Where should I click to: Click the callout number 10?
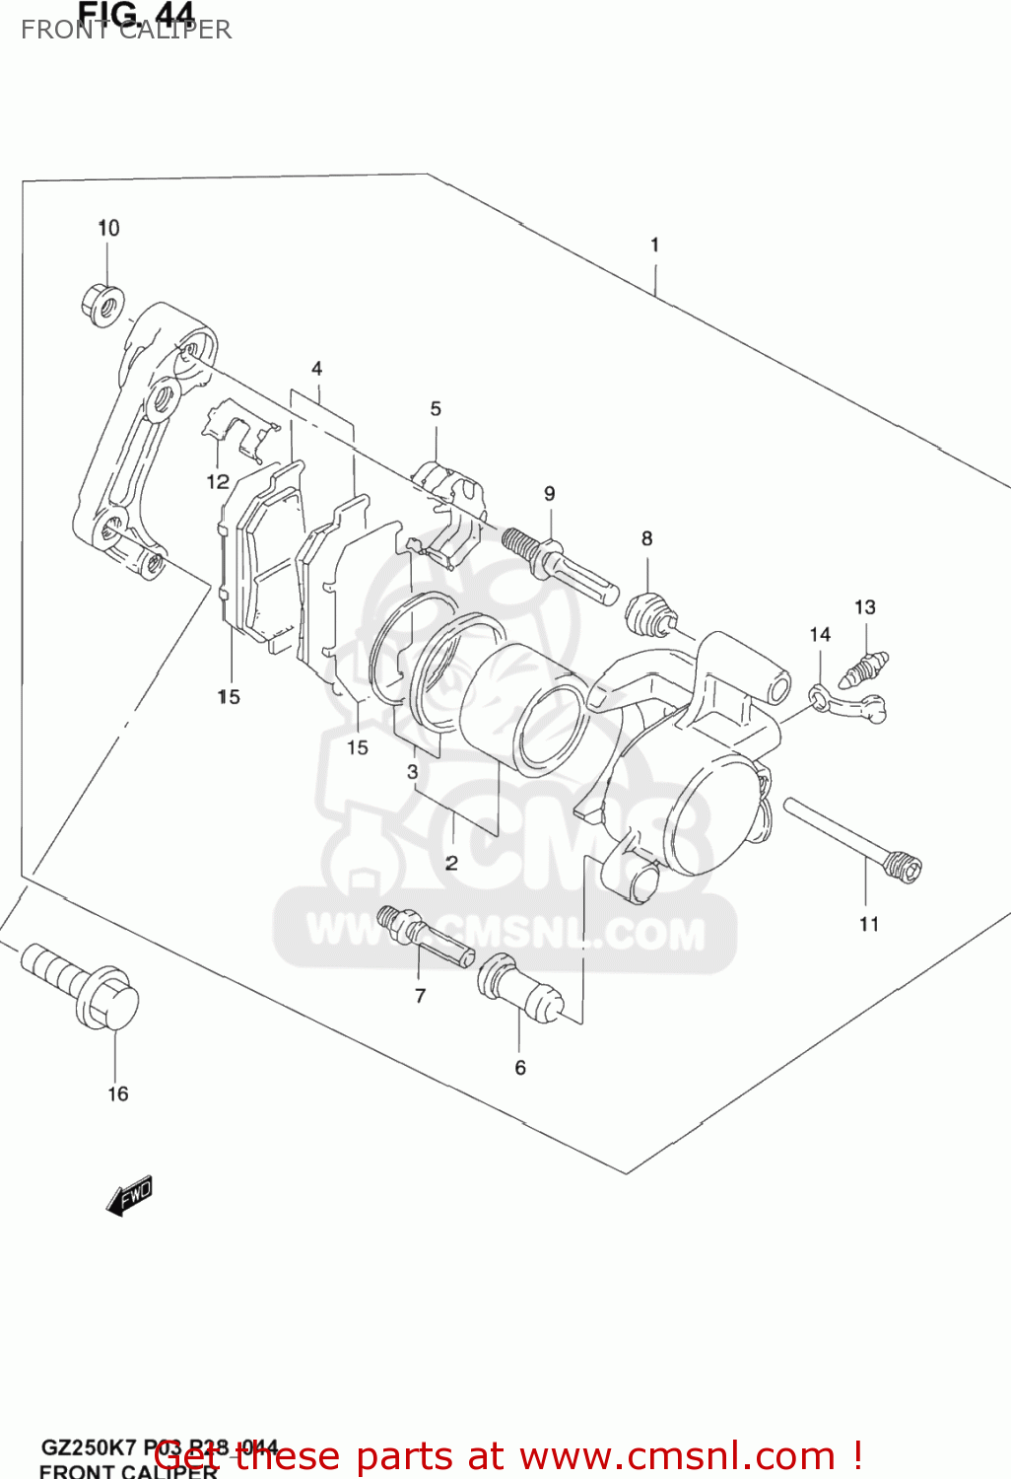(108, 228)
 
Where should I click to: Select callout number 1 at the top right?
(654, 245)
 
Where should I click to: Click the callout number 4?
(316, 369)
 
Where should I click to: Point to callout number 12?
(218, 481)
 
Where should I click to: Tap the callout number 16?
(117, 1093)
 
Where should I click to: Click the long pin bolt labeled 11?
(852, 838)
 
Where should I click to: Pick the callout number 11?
(868, 924)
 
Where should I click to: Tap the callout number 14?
(820, 634)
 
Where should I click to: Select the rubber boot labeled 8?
(650, 615)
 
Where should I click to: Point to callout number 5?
(436, 408)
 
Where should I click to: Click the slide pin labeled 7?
(424, 936)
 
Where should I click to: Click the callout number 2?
(451, 864)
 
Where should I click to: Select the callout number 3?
(412, 772)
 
